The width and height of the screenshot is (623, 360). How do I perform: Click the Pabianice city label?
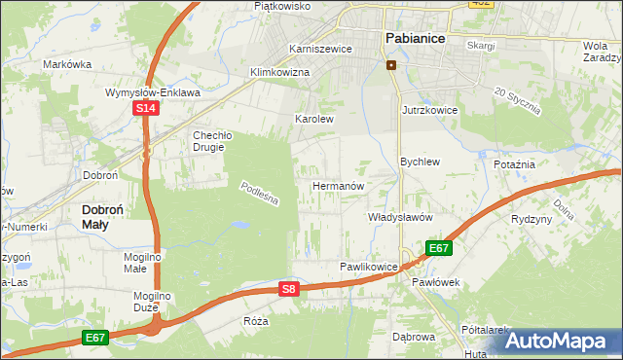tap(415, 38)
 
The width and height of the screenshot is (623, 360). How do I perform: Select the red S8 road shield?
tap(287, 289)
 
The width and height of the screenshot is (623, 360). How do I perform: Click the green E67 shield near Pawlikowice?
tap(438, 248)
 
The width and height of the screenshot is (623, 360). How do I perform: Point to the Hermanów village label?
tap(338, 185)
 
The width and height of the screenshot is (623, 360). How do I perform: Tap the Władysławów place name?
tap(399, 217)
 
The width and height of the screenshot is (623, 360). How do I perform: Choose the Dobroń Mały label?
tap(109, 216)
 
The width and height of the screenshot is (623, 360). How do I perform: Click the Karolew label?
tap(314, 119)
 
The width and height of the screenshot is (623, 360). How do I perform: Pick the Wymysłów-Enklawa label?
tap(153, 92)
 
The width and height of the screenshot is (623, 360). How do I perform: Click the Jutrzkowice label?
tap(429, 111)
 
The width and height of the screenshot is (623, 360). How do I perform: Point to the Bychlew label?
tap(421, 162)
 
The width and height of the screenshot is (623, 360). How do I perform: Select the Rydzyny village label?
tap(531, 219)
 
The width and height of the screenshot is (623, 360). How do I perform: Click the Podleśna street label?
tap(260, 194)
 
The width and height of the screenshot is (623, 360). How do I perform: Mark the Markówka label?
tap(67, 64)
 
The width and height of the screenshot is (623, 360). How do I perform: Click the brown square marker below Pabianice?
tap(391, 65)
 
